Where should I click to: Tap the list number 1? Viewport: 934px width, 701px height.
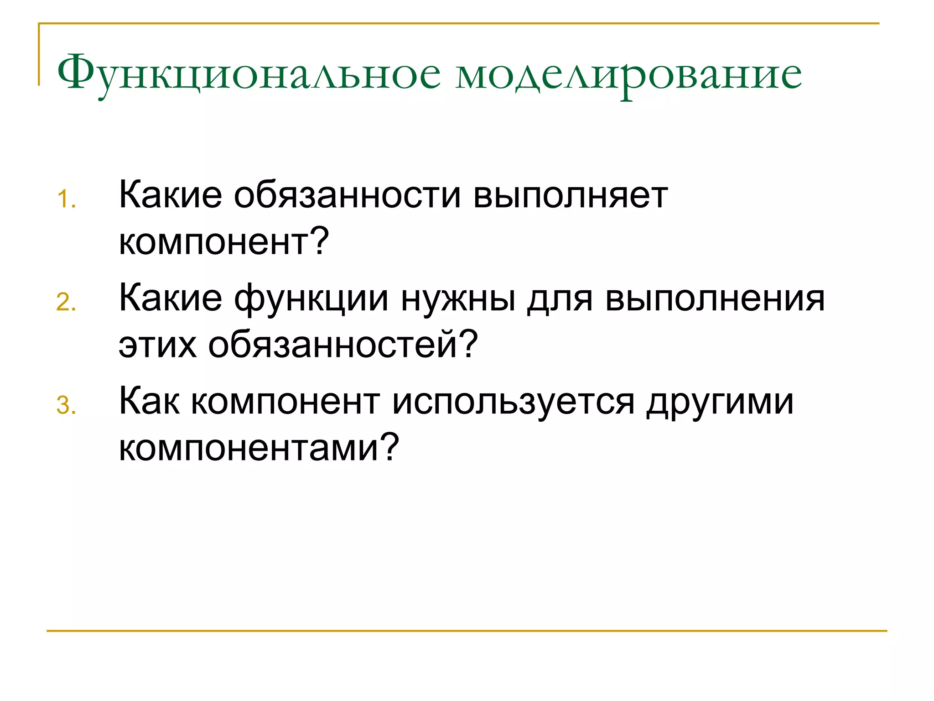tap(67, 200)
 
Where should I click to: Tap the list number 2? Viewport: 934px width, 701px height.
tap(67, 303)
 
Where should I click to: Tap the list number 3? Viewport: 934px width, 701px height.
tap(67, 406)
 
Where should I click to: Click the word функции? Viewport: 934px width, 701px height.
tap(311, 299)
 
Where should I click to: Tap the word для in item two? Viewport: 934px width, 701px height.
tap(560, 299)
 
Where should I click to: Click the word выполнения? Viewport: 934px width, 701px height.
tap(715, 299)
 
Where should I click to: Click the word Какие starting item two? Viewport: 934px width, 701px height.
tap(170, 299)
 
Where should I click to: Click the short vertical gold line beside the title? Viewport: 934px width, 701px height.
tap(39, 55)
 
